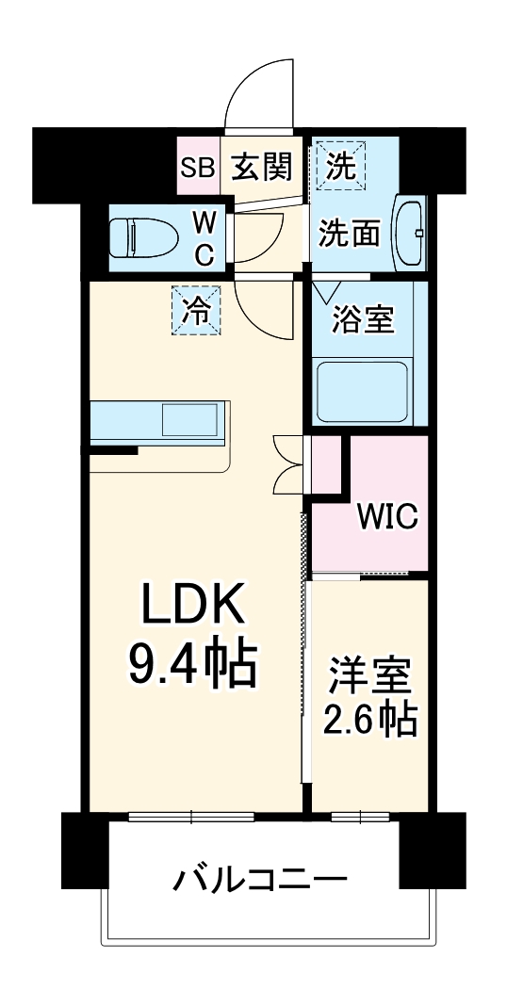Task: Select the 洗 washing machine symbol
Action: (341, 167)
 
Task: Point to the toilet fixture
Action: (141, 236)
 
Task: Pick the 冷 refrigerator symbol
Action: (197, 310)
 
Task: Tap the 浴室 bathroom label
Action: (363, 319)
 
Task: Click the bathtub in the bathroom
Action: (362, 392)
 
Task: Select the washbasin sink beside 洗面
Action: (411, 232)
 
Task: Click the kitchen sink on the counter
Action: (190, 419)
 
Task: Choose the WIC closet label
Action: (386, 517)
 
